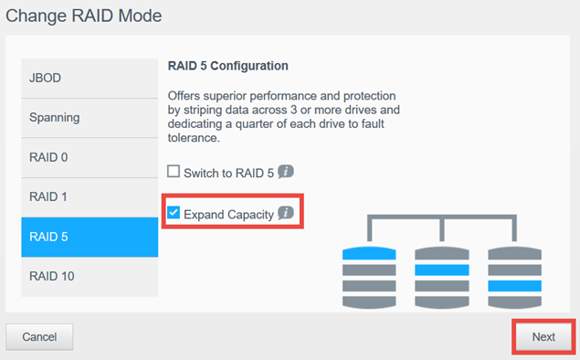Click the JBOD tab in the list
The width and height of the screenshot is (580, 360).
90,79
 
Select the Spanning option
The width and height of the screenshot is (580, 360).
90,118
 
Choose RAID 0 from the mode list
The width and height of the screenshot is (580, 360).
90,157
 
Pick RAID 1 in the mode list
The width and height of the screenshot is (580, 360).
90,196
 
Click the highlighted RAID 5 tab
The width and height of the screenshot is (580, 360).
90,237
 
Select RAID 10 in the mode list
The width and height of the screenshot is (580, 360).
90,276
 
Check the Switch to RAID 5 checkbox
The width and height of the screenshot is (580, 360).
174,172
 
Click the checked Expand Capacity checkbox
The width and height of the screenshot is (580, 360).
174,213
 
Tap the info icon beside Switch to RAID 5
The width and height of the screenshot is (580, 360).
285,172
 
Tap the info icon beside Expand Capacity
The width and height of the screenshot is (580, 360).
285,213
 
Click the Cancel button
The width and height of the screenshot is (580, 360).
39,336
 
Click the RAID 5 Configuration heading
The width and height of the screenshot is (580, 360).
228,67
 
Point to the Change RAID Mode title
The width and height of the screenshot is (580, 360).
88,17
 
